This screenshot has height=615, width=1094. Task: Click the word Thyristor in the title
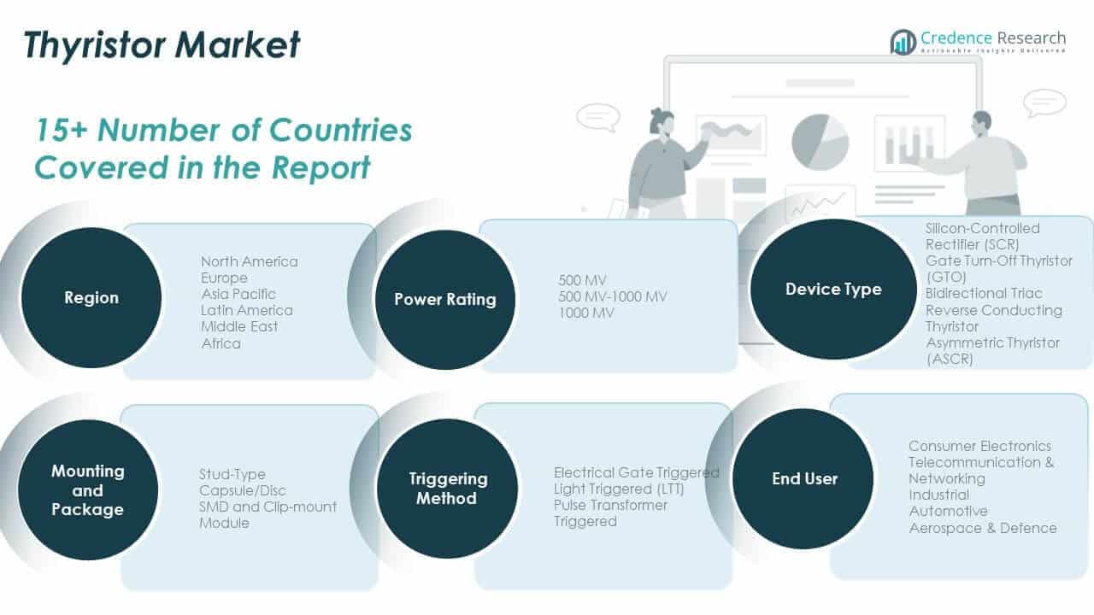click(x=94, y=45)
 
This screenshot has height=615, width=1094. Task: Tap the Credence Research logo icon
click(x=903, y=42)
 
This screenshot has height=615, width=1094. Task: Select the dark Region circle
click(x=91, y=297)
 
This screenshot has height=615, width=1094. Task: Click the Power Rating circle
click(x=445, y=299)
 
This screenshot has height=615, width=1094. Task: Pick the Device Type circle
click(x=833, y=289)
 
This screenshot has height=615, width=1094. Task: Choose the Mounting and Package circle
click(x=88, y=489)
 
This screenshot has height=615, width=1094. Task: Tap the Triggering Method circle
click(x=447, y=488)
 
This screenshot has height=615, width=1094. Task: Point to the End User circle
click(x=803, y=479)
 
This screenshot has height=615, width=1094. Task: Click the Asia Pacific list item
click(x=238, y=294)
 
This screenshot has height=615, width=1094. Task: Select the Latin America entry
click(x=247, y=310)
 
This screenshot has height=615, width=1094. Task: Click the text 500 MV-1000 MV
click(x=613, y=296)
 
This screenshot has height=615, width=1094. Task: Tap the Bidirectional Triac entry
click(x=984, y=293)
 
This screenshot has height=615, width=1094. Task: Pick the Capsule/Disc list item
click(x=242, y=490)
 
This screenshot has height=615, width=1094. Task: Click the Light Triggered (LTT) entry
click(x=619, y=489)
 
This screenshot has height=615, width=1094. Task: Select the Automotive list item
click(x=949, y=511)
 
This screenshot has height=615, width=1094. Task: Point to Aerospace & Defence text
click(x=983, y=528)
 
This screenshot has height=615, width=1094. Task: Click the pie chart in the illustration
click(x=820, y=142)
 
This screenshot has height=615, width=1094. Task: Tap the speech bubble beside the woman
click(x=598, y=117)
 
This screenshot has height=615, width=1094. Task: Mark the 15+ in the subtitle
click(x=61, y=131)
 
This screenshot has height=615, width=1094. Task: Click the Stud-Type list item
click(x=232, y=474)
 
